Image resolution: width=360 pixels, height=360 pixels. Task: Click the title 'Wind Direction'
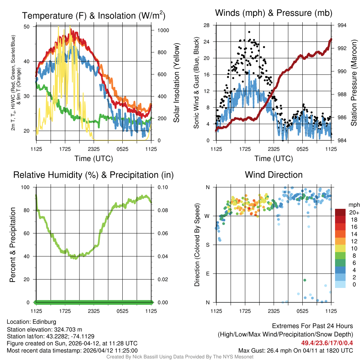coord(274,175)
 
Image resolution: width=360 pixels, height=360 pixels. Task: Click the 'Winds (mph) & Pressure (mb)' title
coord(274,13)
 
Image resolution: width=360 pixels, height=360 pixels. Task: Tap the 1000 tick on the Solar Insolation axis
coord(163,30)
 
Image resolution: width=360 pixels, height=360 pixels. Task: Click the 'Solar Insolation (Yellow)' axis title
coord(176,83)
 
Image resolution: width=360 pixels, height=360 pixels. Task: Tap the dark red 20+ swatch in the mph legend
coord(341,212)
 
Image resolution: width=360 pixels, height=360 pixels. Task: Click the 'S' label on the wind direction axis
coord(207,245)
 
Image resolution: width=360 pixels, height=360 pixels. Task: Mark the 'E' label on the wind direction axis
coord(207,274)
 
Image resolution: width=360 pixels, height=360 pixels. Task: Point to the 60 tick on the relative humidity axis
coord(30,233)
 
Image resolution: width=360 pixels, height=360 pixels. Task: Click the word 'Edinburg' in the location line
coord(44,322)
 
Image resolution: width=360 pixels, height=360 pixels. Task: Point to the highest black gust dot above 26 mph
coord(249,32)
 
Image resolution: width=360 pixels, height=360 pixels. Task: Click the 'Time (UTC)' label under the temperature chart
coord(94,159)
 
